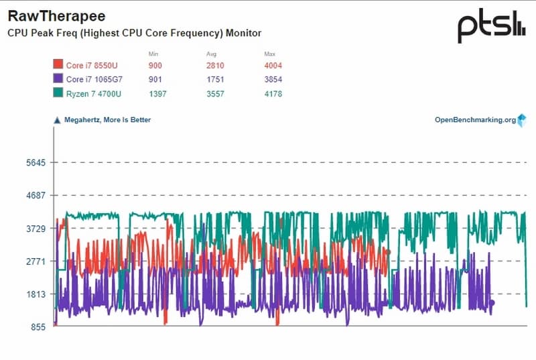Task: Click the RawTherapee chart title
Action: (56, 15)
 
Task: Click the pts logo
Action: (492, 27)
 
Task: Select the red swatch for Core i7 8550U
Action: (58, 65)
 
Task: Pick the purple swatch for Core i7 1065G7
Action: (58, 79)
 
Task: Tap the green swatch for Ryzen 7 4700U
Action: (58, 93)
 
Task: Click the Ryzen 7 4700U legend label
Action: (94, 94)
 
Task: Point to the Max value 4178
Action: (273, 94)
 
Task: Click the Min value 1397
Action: (157, 94)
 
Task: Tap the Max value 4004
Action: (273, 66)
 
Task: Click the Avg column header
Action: (212, 53)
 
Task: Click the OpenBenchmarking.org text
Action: (475, 120)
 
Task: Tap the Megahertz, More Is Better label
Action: (107, 120)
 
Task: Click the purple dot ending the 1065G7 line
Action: (492, 303)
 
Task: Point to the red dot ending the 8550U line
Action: (387, 252)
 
